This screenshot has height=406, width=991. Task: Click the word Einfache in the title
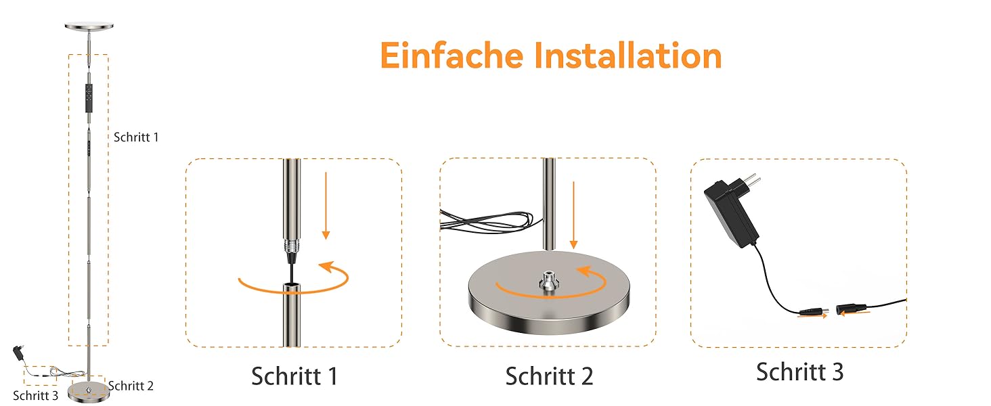coord(452,55)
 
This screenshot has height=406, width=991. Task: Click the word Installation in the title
coord(628,55)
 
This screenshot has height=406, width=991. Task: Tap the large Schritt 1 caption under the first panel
coord(294,376)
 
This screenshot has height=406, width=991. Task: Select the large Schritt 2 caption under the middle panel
coord(549,376)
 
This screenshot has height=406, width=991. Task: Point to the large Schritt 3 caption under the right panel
coord(799,372)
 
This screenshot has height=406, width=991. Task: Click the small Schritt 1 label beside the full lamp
coord(136,137)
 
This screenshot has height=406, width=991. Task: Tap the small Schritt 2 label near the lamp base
coord(131,386)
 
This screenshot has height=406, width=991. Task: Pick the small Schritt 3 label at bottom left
coord(35,395)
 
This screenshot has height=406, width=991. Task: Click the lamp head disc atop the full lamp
coord(89,26)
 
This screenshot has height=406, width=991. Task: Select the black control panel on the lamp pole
coord(89,97)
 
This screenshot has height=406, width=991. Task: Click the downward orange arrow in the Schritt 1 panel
coord(326,206)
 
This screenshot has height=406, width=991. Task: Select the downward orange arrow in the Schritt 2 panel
coord(574,215)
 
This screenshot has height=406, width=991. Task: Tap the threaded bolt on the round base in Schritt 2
coord(548,281)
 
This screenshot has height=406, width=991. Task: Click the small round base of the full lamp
coord(89,392)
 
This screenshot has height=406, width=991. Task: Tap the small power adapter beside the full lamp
coord(19,353)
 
